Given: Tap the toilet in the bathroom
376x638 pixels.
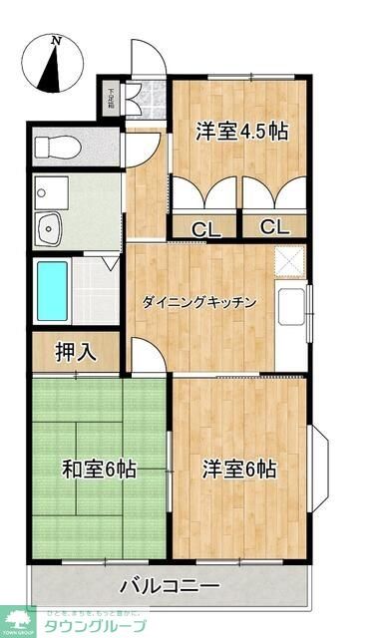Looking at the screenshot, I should [58, 147].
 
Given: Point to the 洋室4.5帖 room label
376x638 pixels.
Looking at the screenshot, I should [242, 131].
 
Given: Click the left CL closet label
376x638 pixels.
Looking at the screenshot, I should [206, 227].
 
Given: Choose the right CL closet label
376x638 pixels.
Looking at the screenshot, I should [274, 226].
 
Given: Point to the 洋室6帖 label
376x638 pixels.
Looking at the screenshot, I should [239, 470].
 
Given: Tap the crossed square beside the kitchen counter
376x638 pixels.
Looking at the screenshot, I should [289, 261].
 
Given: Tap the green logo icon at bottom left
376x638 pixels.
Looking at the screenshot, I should [17, 620].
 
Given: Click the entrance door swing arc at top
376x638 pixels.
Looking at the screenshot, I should [147, 62].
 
